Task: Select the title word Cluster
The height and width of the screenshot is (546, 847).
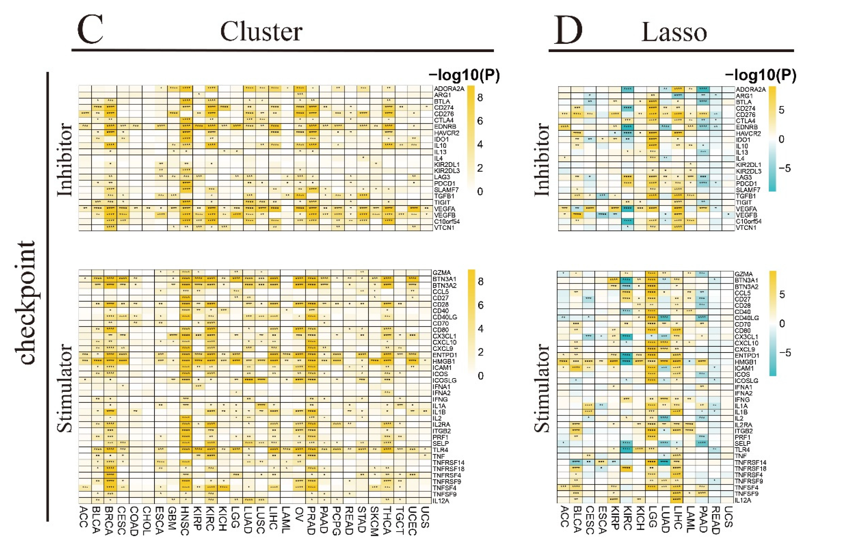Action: [261, 32]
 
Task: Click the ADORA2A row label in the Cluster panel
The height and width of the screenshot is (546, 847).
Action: [449, 89]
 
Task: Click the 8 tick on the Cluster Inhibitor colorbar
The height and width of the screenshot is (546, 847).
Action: [480, 98]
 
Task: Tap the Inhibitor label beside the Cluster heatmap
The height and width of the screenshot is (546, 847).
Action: [65, 160]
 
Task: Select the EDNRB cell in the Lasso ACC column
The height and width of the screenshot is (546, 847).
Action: [564, 126]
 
